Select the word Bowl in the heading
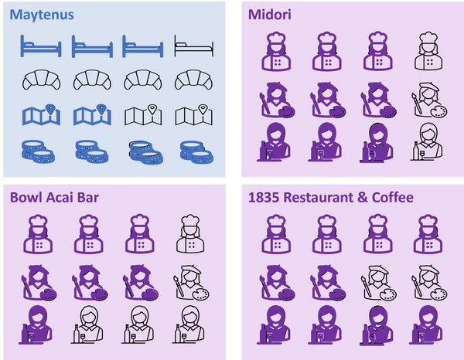pyautogui.click(x=26, y=198)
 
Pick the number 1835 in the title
pyautogui.click(x=264, y=198)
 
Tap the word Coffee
pyautogui.click(x=392, y=198)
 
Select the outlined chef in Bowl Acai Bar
pyautogui.click(x=190, y=234)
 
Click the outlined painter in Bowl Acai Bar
pyautogui.click(x=190, y=283)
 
